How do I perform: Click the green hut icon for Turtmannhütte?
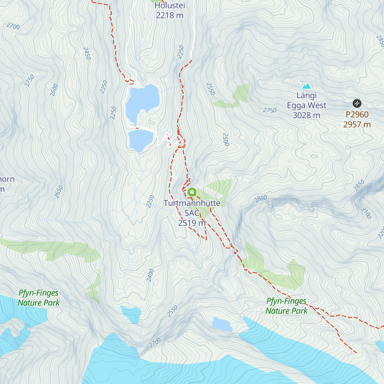(x=192, y=192)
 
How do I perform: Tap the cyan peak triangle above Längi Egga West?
(x=307, y=86)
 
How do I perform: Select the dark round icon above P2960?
(x=357, y=103)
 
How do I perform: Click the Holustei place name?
(x=170, y=5)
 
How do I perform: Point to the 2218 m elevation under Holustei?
(x=170, y=15)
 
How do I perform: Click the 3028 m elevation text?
(x=306, y=115)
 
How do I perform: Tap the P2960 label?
(x=357, y=114)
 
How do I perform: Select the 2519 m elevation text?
(x=192, y=223)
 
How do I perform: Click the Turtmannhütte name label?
(x=192, y=203)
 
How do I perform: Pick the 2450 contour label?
(x=87, y=53)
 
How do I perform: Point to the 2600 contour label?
(x=54, y=90)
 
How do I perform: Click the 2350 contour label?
(x=104, y=87)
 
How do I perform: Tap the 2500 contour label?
(x=226, y=140)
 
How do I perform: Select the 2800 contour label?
(x=260, y=199)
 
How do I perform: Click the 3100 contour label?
(x=366, y=213)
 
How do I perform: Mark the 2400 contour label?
(x=150, y=275)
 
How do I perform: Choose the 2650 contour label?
(x=59, y=192)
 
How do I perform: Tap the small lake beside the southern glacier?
(x=222, y=324)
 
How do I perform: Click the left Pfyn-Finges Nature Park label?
(x=38, y=298)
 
